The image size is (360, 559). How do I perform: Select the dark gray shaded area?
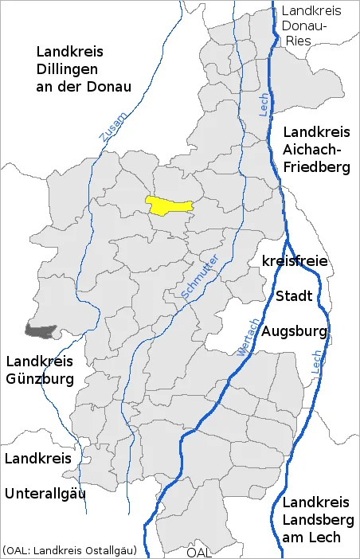click(41, 328)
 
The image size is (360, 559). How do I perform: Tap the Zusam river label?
click(108, 127)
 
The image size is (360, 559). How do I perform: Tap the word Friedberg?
click(316, 167)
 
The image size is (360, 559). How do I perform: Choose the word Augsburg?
click(295, 330)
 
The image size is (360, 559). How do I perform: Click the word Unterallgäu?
click(45, 493)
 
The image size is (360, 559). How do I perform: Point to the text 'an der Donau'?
click(83, 86)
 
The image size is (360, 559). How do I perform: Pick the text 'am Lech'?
click(311, 537)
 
